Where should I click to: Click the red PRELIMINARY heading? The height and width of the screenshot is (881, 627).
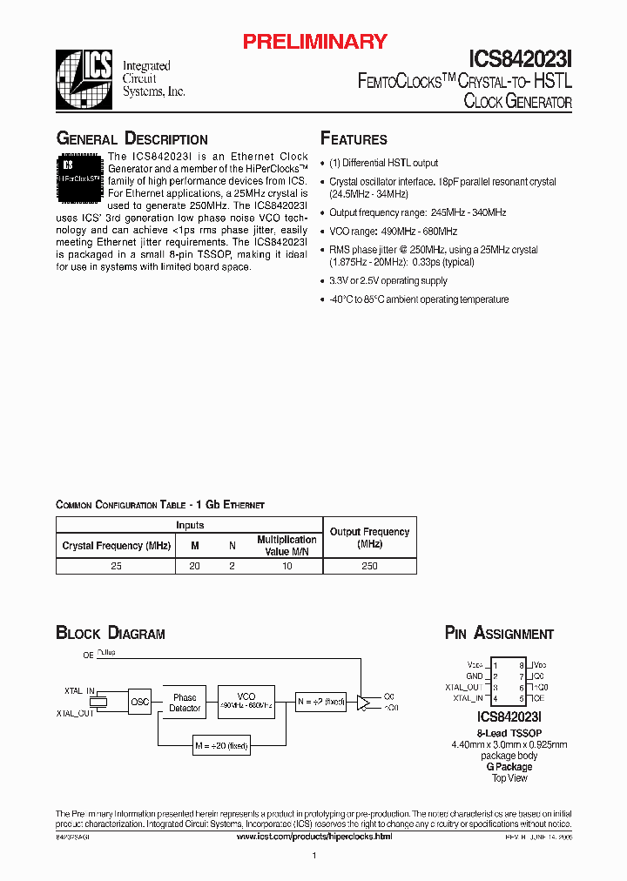pos(313,41)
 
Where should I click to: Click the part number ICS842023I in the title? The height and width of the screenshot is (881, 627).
pos(521,58)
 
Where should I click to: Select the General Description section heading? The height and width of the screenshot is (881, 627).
pos(131,139)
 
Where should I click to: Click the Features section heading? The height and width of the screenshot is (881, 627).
pos(354,139)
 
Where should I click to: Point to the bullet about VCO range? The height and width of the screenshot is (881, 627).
pos(393,232)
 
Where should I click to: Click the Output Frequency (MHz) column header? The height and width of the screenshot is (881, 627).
pos(369,537)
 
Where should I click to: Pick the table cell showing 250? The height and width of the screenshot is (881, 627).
pos(369,566)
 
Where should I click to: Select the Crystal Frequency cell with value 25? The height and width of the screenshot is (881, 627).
pos(116,566)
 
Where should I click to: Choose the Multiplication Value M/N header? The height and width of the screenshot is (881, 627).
pos(287,545)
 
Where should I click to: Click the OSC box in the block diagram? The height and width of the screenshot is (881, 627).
pos(139,702)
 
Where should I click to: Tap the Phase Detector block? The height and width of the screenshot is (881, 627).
pos(185,703)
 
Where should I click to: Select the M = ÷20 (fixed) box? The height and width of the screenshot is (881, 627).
pos(221,745)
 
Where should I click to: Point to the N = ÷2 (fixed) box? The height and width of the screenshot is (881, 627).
pos(321,702)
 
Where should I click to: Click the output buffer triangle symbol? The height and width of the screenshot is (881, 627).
pos(363,702)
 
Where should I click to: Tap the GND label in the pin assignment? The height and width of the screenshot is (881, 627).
pos(474,676)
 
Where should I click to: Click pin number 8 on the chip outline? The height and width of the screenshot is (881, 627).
pos(522,664)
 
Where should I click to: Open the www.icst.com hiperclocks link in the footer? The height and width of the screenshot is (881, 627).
pos(314,836)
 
